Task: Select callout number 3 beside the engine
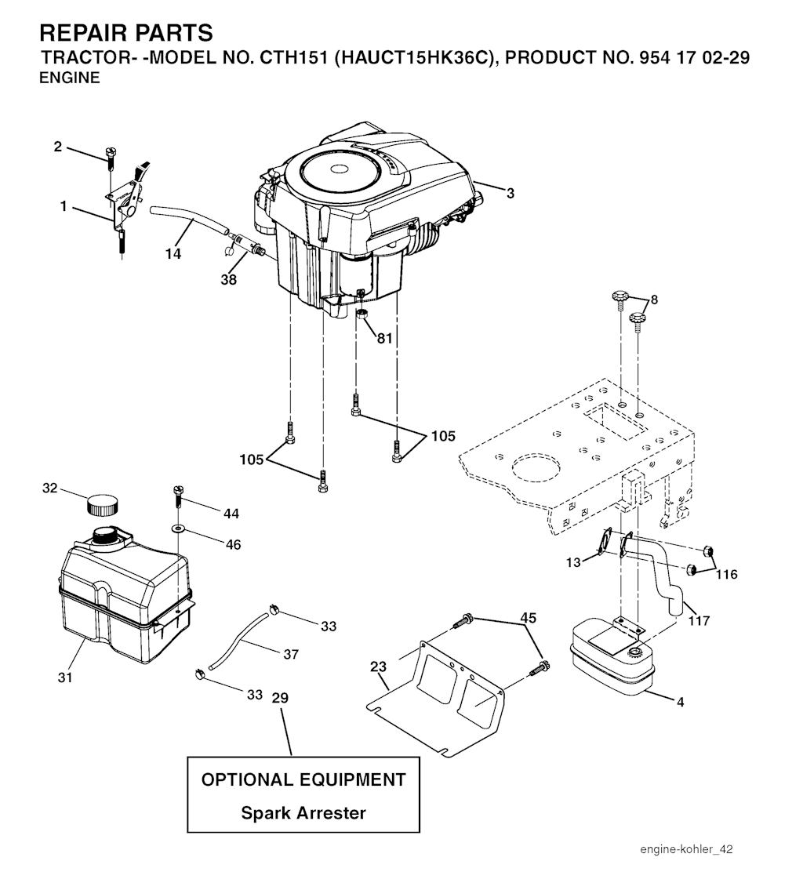tap(511, 193)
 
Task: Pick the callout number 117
tap(698, 620)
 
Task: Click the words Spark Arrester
tap(303, 813)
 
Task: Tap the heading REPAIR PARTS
tap(125, 33)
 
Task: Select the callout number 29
tap(280, 698)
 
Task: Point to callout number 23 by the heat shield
tap(379, 667)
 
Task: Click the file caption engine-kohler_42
tap(686, 849)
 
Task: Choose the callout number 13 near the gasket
tap(574, 561)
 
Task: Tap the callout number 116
tap(726, 575)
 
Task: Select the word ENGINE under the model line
tap(70, 78)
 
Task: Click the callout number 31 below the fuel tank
tap(65, 677)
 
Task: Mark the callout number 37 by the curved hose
tap(290, 653)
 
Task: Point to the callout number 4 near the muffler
tap(680, 702)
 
